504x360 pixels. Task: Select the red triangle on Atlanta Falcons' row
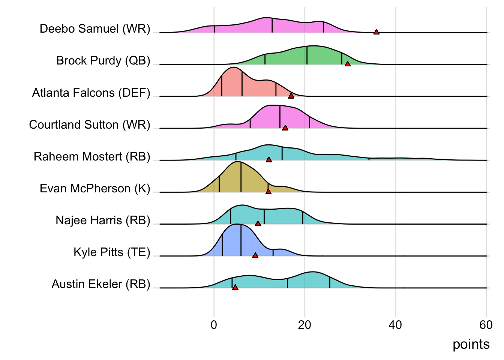(291, 96)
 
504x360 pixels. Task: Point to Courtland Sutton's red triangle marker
(285, 128)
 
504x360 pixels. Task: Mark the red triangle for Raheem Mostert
(269, 160)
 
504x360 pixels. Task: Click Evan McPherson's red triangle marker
(268, 192)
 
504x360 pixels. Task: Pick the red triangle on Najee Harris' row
(258, 223)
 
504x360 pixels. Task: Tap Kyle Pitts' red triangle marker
(255, 255)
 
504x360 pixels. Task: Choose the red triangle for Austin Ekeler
(235, 287)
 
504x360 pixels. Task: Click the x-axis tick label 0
(214, 325)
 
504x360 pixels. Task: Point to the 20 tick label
(304, 325)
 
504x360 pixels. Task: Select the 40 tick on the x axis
(395, 325)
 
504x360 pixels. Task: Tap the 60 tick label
(486, 325)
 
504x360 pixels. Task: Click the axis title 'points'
(471, 344)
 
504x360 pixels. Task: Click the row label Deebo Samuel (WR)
(95, 29)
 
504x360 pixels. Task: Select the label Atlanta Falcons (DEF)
(91, 93)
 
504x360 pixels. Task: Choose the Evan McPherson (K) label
(95, 188)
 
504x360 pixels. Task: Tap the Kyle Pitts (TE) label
(112, 252)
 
